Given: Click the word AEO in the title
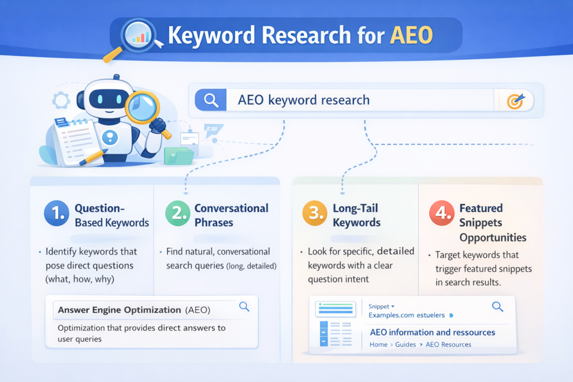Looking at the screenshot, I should click(x=412, y=35).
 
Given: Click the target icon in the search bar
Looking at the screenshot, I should click(x=515, y=101).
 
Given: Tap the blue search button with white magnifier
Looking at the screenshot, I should click(x=210, y=101).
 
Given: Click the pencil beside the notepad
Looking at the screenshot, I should click(x=93, y=157).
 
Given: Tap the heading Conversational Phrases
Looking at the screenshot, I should click(x=231, y=215).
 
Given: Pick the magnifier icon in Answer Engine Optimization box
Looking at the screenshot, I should click(x=244, y=306).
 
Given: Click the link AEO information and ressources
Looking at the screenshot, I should click(x=432, y=332).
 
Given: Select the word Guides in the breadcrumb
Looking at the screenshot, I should click(x=406, y=345).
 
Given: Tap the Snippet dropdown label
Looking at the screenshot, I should click(x=382, y=306).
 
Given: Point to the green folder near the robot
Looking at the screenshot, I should click(x=179, y=155).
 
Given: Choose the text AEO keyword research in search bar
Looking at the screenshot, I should click(x=304, y=101).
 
